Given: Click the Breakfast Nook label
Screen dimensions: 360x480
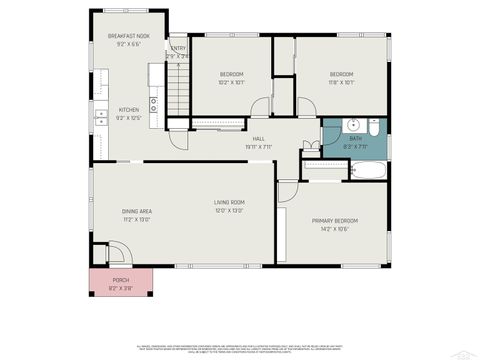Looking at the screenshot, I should [129, 37].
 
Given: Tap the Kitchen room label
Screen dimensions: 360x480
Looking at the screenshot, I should [129, 110].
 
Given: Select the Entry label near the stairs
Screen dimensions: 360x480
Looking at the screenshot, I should [178, 48].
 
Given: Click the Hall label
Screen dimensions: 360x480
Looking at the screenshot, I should [258, 138].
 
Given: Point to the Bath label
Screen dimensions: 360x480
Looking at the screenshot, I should [355, 138].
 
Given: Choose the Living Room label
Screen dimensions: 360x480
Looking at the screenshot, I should [229, 203].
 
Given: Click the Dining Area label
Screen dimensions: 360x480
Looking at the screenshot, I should [137, 211].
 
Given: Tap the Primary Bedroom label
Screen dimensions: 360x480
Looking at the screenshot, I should [334, 220].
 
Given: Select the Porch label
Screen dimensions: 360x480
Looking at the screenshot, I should [120, 280].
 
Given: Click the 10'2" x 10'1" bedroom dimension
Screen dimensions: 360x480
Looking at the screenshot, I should [232, 82].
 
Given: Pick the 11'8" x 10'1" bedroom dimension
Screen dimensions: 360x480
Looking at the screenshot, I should [342, 82].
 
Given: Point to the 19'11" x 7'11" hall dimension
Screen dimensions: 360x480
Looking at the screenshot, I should [258, 147].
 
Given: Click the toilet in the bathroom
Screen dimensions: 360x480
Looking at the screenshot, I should [373, 128].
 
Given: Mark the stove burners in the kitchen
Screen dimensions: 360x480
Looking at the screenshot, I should [154, 101].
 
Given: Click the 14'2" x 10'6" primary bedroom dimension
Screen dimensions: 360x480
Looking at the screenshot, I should [334, 229].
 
